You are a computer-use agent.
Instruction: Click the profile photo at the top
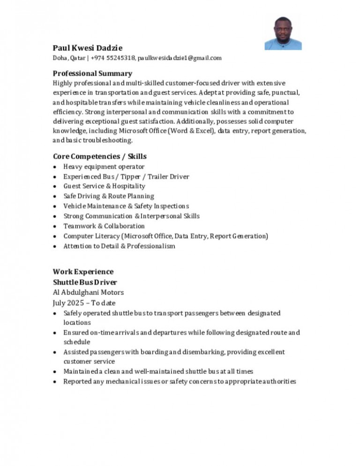283,33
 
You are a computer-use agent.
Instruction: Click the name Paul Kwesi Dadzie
88,48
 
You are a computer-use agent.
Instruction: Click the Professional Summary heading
92,73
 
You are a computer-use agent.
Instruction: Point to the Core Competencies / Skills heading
99,156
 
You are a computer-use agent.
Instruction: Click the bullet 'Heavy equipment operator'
104,166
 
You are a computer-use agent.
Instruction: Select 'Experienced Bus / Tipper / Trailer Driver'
126,177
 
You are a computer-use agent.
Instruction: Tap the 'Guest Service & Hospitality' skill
105,186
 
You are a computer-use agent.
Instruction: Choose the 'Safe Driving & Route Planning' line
109,196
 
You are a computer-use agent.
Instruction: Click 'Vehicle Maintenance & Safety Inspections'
126,206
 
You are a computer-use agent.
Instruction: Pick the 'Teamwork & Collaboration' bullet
104,226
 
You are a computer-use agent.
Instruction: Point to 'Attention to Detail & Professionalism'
119,246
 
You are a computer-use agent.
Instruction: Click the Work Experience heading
83,272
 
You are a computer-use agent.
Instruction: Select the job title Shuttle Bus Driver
85,282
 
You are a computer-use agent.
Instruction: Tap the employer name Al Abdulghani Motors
88,293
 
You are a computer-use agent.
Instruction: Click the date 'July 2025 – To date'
84,303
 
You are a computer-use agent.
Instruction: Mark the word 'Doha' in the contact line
60,58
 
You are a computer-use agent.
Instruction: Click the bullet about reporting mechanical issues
180,382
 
